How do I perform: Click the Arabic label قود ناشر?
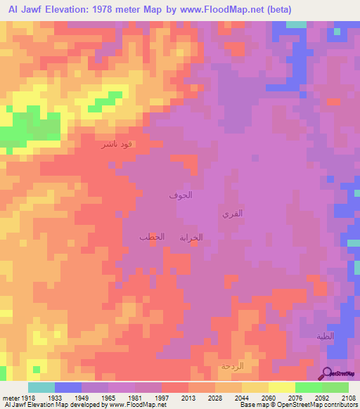click(116, 145)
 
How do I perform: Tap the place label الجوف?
click(180, 195)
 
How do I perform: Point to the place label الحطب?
click(152, 237)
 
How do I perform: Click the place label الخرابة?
click(191, 238)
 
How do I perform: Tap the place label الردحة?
click(232, 366)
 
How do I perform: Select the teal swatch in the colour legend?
click(41, 387)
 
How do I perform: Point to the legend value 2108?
click(349, 398)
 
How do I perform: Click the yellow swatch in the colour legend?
click(282, 387)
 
